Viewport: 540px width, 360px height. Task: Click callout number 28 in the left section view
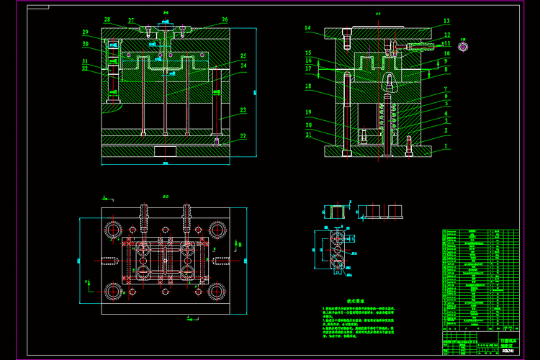tap(107, 19)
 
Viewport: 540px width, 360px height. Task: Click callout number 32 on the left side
tap(85, 69)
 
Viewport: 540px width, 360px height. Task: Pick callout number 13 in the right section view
tap(446, 22)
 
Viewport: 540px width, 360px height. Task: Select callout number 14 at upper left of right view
tap(307, 29)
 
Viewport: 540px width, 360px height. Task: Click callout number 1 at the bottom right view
tap(446, 146)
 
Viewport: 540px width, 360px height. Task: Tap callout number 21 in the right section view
tap(307, 135)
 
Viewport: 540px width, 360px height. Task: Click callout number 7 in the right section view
tap(446, 86)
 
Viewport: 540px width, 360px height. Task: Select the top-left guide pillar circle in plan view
tap(113, 230)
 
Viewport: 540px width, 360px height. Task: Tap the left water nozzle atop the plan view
tap(143, 212)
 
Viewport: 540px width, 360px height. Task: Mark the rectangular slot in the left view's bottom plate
tap(165, 153)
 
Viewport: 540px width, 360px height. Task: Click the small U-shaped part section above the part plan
tap(335, 211)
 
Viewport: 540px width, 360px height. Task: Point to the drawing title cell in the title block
tap(507, 342)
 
